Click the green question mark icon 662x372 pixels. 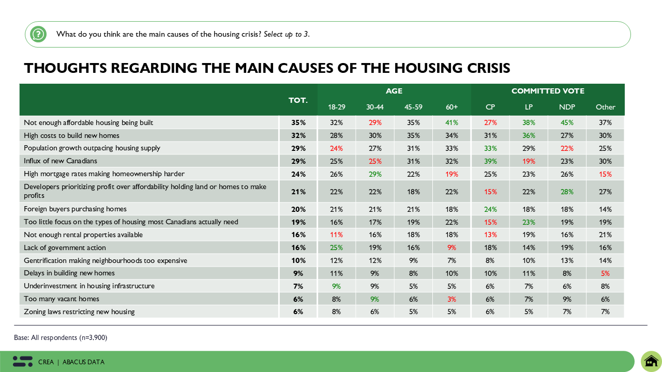pos(38,34)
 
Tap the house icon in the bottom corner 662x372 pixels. pos(651,361)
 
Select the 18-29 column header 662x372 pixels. pos(336,107)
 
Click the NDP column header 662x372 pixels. pos(567,107)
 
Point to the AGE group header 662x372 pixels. pos(394,91)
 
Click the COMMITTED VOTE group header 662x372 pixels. pos(548,91)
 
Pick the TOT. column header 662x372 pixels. pos(298,100)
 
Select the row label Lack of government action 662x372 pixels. pos(65,247)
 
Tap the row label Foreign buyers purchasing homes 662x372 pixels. pos(75,209)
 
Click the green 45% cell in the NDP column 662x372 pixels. pos(567,122)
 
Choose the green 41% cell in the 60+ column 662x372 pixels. pos(452,122)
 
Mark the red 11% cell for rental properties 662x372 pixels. pos(336,235)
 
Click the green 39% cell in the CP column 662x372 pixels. pos(490,161)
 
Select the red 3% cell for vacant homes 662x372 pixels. pos(452,299)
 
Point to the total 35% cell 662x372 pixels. pos(298,122)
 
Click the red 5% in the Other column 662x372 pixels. pos(605,273)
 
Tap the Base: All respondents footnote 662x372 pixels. pos(61,337)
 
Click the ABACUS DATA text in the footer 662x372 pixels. pos(83,362)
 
